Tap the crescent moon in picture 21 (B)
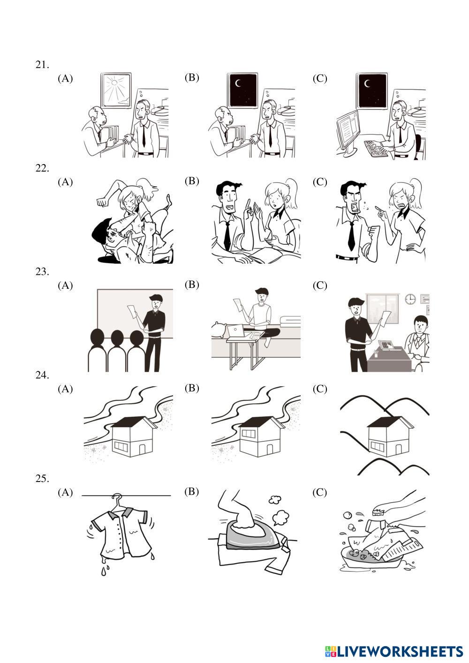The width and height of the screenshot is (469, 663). click(238, 84)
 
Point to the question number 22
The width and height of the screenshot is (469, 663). click(42, 168)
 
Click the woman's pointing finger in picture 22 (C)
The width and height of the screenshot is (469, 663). click(380, 209)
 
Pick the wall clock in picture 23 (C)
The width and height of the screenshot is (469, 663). click(411, 299)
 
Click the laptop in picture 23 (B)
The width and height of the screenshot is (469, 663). click(235, 331)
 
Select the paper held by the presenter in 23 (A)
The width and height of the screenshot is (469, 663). click(133, 312)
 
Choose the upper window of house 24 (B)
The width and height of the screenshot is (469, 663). click(248, 434)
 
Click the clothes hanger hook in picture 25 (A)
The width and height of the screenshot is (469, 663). click(118, 497)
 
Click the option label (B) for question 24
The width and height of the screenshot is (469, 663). click(192, 388)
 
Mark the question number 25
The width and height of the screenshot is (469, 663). click(42, 478)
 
